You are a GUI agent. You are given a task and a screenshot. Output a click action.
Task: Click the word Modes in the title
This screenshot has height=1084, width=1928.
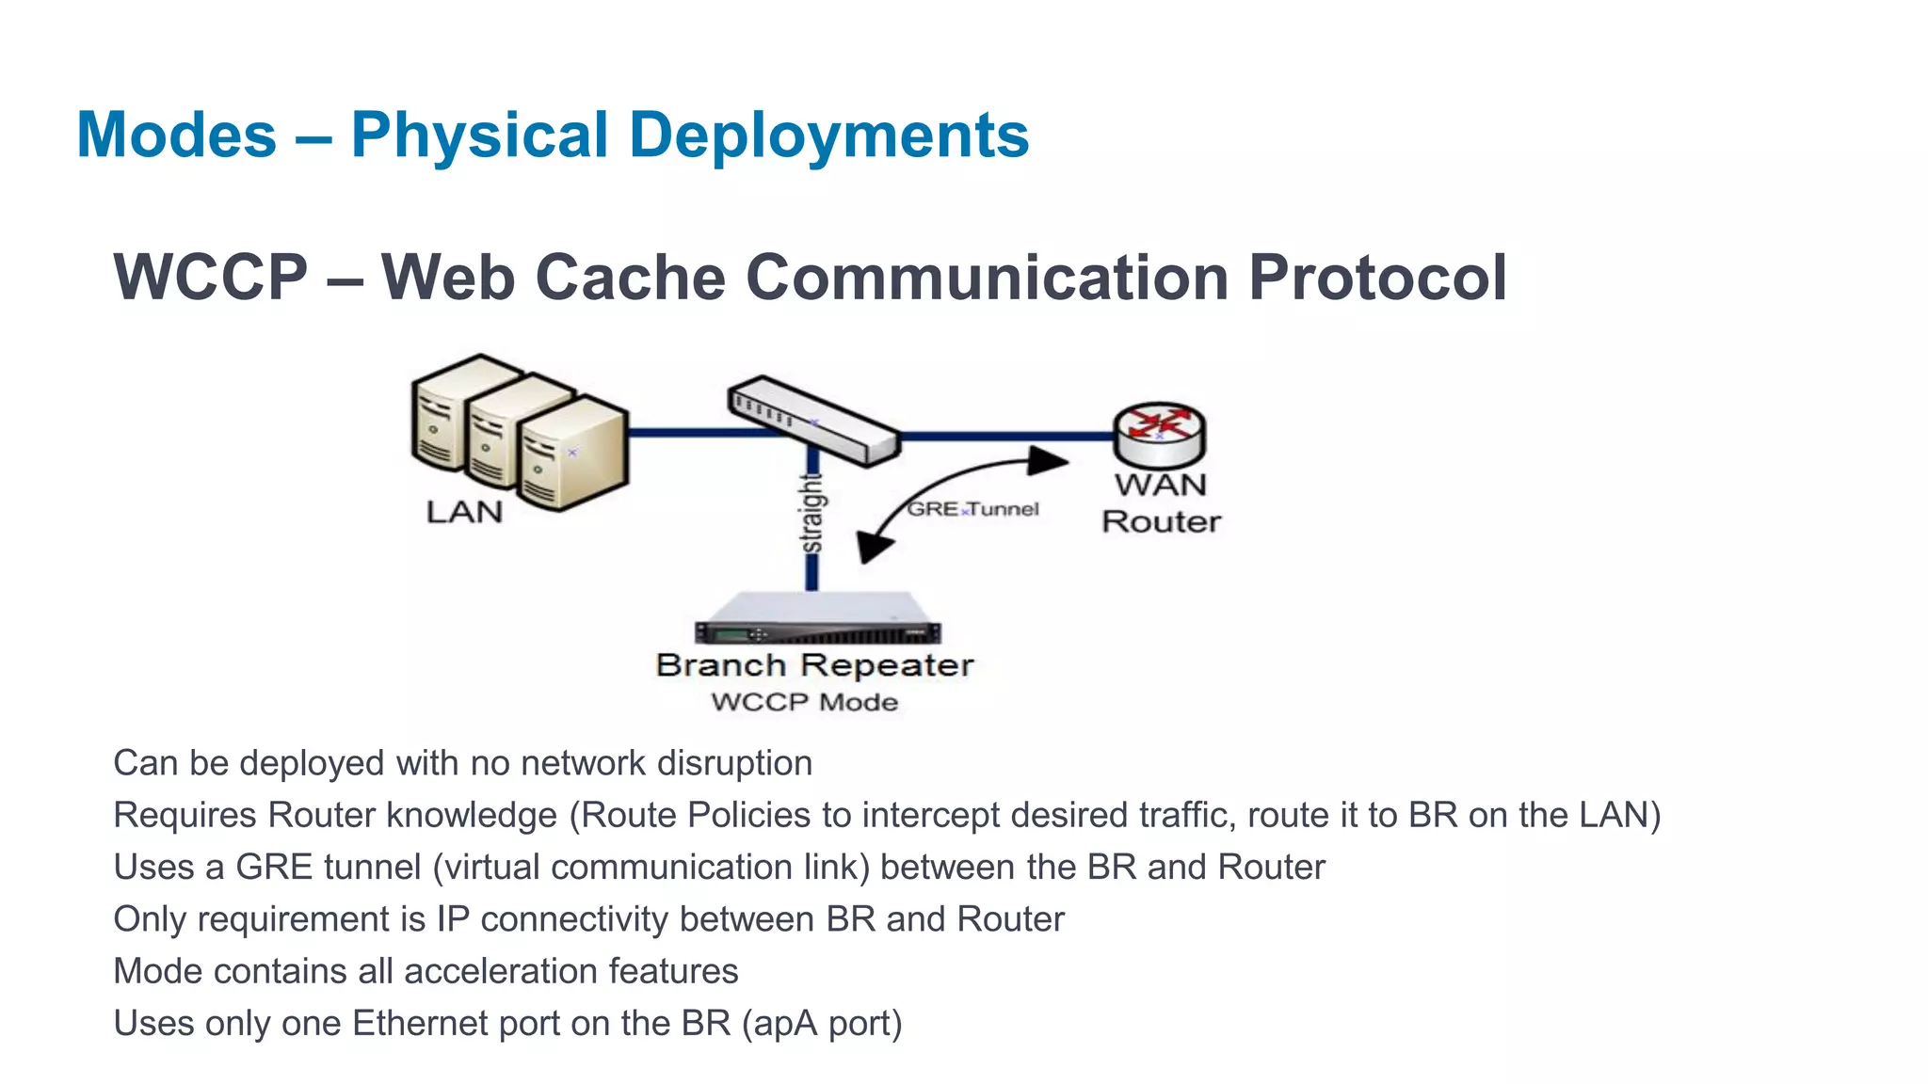[176, 135]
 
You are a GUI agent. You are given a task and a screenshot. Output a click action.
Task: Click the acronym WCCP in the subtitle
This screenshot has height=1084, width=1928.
[211, 278]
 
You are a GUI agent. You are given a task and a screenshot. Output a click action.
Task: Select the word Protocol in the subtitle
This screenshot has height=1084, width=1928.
[1377, 278]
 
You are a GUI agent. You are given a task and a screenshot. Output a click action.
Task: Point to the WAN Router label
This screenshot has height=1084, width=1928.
[1161, 503]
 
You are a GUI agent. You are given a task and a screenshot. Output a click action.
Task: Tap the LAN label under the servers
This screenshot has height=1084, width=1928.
[464, 512]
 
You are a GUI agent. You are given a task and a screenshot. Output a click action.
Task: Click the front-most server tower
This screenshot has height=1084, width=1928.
[571, 454]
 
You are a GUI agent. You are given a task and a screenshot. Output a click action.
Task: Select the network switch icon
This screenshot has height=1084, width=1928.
[813, 420]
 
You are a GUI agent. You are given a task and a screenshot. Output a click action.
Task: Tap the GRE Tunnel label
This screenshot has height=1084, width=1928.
[972, 509]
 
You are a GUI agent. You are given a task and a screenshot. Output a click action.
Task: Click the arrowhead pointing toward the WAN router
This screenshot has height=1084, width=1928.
[1047, 460]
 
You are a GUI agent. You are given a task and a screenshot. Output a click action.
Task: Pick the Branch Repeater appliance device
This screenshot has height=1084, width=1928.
[816, 618]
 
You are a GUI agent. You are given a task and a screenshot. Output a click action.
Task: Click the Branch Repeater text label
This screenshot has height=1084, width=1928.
[814, 665]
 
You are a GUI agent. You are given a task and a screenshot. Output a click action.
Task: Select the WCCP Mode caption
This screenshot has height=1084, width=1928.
[804, 702]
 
